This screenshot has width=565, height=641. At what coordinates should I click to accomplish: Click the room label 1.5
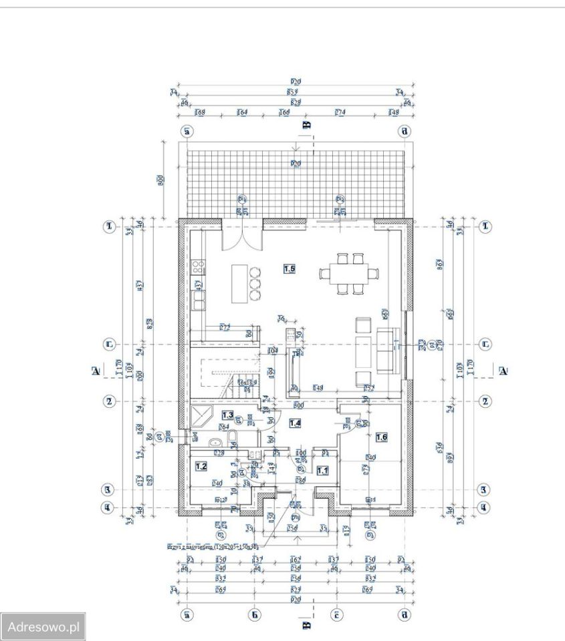(290, 269)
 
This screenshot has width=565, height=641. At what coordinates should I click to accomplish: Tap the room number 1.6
(382, 437)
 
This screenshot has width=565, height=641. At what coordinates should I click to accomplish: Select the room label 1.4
(295, 423)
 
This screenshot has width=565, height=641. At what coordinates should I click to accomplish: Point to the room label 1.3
(227, 415)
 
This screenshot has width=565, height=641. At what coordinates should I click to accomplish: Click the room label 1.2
(201, 466)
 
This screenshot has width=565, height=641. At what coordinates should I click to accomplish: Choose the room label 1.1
(323, 471)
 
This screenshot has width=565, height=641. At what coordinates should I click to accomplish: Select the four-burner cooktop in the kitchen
(198, 267)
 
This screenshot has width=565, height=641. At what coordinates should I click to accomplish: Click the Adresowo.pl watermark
(43, 627)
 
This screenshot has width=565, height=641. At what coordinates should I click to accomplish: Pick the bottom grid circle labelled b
(255, 614)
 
